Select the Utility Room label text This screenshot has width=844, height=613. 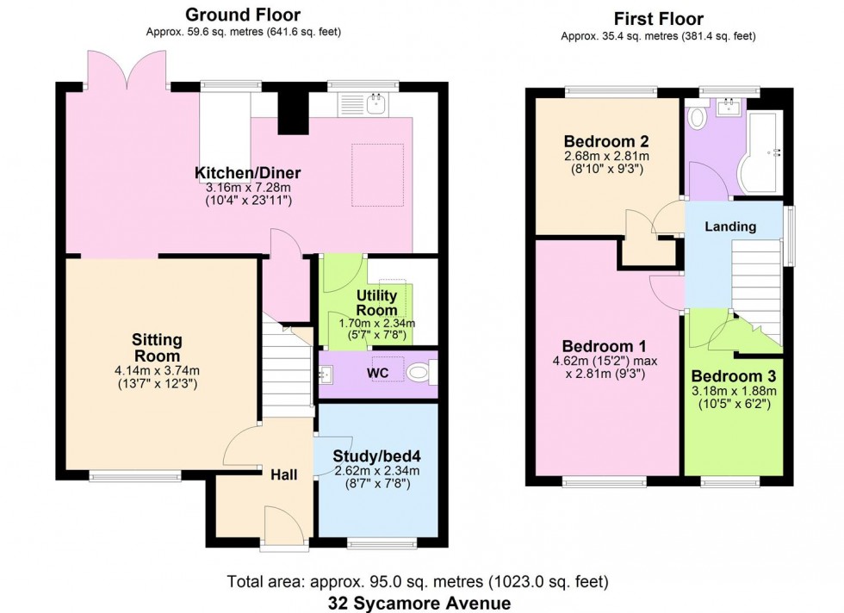tap(376, 303)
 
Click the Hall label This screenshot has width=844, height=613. tap(284, 474)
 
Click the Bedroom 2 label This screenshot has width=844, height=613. tap(593, 141)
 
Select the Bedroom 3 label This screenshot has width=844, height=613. tap(733, 376)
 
